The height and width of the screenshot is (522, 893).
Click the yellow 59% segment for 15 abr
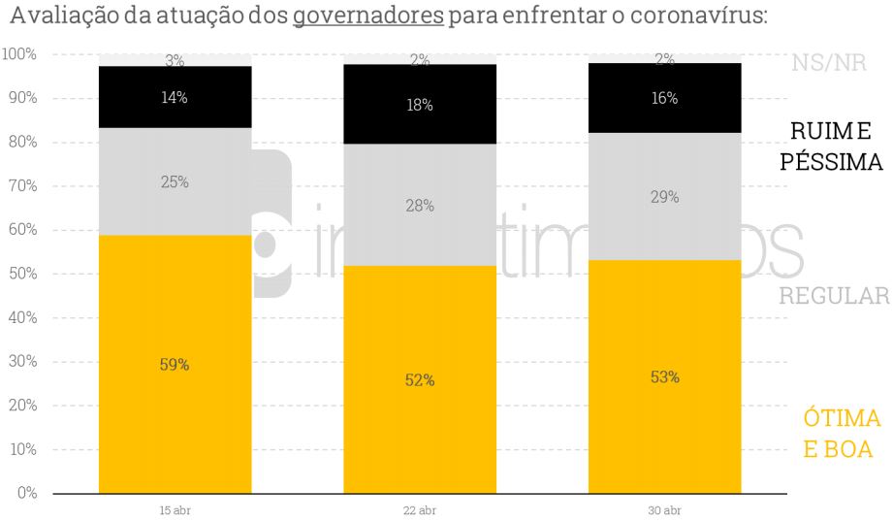pyautogui.click(x=175, y=365)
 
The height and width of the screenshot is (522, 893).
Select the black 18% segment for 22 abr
pyautogui.click(x=420, y=105)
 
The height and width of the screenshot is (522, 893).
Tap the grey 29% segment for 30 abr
pyautogui.click(x=665, y=197)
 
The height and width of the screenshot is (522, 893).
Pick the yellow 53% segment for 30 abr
pyautogui.click(x=665, y=376)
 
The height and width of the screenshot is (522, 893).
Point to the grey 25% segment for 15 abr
pyautogui.click(x=175, y=181)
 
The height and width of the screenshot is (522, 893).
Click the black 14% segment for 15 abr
pyautogui.click(x=175, y=97)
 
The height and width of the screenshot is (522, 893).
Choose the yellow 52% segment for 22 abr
pyautogui.click(x=420, y=380)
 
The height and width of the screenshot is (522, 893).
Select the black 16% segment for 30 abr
pyautogui.click(x=665, y=98)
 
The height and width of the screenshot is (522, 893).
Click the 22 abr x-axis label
pyautogui.click(x=420, y=510)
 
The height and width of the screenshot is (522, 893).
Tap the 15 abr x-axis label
pyautogui.click(x=175, y=510)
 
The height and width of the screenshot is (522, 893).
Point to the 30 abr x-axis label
pyautogui.click(x=665, y=510)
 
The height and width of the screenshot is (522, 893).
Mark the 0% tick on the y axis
pyautogui.click(x=27, y=493)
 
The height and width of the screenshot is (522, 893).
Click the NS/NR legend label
pyautogui.click(x=829, y=64)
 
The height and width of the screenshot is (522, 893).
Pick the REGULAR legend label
pyautogui.click(x=834, y=296)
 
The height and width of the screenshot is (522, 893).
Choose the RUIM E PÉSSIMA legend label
pyautogui.click(x=832, y=147)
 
